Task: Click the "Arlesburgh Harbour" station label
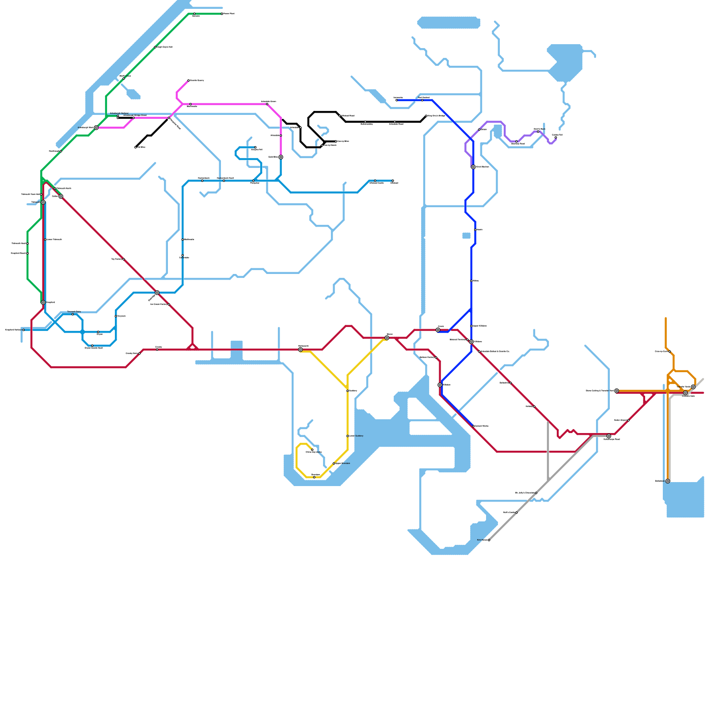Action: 119,114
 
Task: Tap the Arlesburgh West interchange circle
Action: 96,128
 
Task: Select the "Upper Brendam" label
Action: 342,463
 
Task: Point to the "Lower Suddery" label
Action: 356,436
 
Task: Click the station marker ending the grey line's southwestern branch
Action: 489,540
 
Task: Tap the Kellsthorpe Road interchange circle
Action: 608,436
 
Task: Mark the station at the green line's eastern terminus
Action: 222,14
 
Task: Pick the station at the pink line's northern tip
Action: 189,80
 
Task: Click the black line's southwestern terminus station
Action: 136,147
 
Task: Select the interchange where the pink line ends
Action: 281,157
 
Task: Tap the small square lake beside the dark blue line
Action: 466,236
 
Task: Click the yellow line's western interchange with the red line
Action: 300,350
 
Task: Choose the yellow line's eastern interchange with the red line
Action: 387,338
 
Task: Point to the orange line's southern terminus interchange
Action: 667,481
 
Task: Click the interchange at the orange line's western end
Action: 616,391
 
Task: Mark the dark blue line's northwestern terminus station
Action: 396,100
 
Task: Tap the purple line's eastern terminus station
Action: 555,137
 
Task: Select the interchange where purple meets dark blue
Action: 473,167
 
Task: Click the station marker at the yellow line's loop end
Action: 312,450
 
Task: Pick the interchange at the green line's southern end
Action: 43,302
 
